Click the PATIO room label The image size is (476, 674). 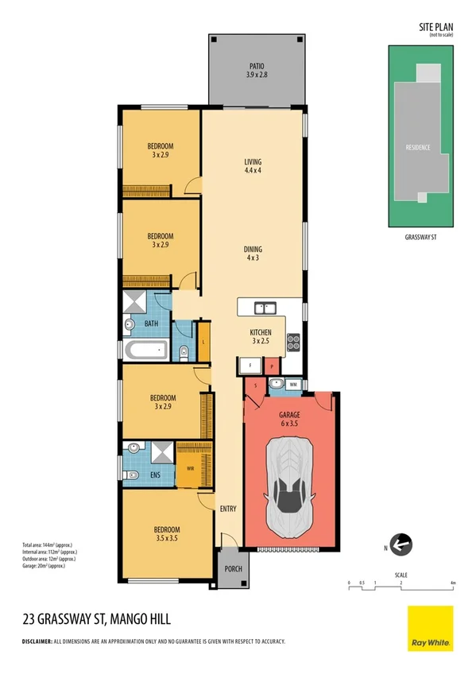coord(255,70)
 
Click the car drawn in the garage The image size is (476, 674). coord(292,485)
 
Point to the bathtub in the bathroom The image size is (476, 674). coord(147,350)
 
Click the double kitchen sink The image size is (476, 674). coord(265,308)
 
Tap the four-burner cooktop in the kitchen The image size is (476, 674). coord(292,342)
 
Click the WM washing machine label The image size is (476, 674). coord(293,385)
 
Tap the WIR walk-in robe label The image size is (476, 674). coord(191,469)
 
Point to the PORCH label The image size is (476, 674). coord(232,568)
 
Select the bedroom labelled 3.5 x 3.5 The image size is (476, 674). coord(167,534)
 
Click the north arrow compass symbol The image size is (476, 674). coord(401,544)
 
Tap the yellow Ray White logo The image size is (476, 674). coord(430,628)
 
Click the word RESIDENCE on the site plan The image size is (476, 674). coord(418,148)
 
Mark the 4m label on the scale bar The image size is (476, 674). coord(452,583)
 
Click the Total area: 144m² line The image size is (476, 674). coord(49,544)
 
